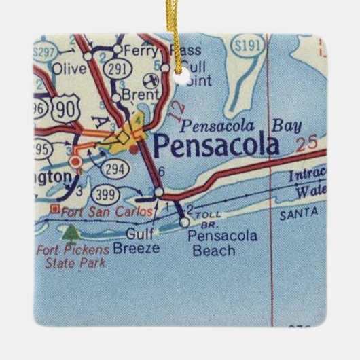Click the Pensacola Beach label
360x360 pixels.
coord(213,243)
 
